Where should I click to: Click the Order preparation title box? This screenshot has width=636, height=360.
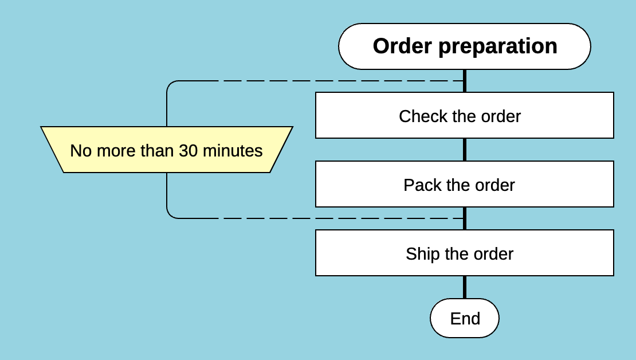[x=464, y=46]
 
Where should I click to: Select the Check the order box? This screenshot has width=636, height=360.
[x=464, y=115]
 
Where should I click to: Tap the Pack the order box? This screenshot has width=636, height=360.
[x=464, y=184]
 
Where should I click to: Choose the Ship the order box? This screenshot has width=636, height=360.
[x=464, y=253]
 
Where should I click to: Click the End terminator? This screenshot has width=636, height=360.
[x=464, y=318]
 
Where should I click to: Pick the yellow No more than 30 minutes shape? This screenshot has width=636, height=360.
[x=166, y=150]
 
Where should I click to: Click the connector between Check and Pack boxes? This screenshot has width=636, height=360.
[x=464, y=150]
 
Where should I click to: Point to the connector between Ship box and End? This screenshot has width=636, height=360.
[x=464, y=287]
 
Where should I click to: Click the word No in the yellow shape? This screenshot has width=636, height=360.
[x=81, y=151]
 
